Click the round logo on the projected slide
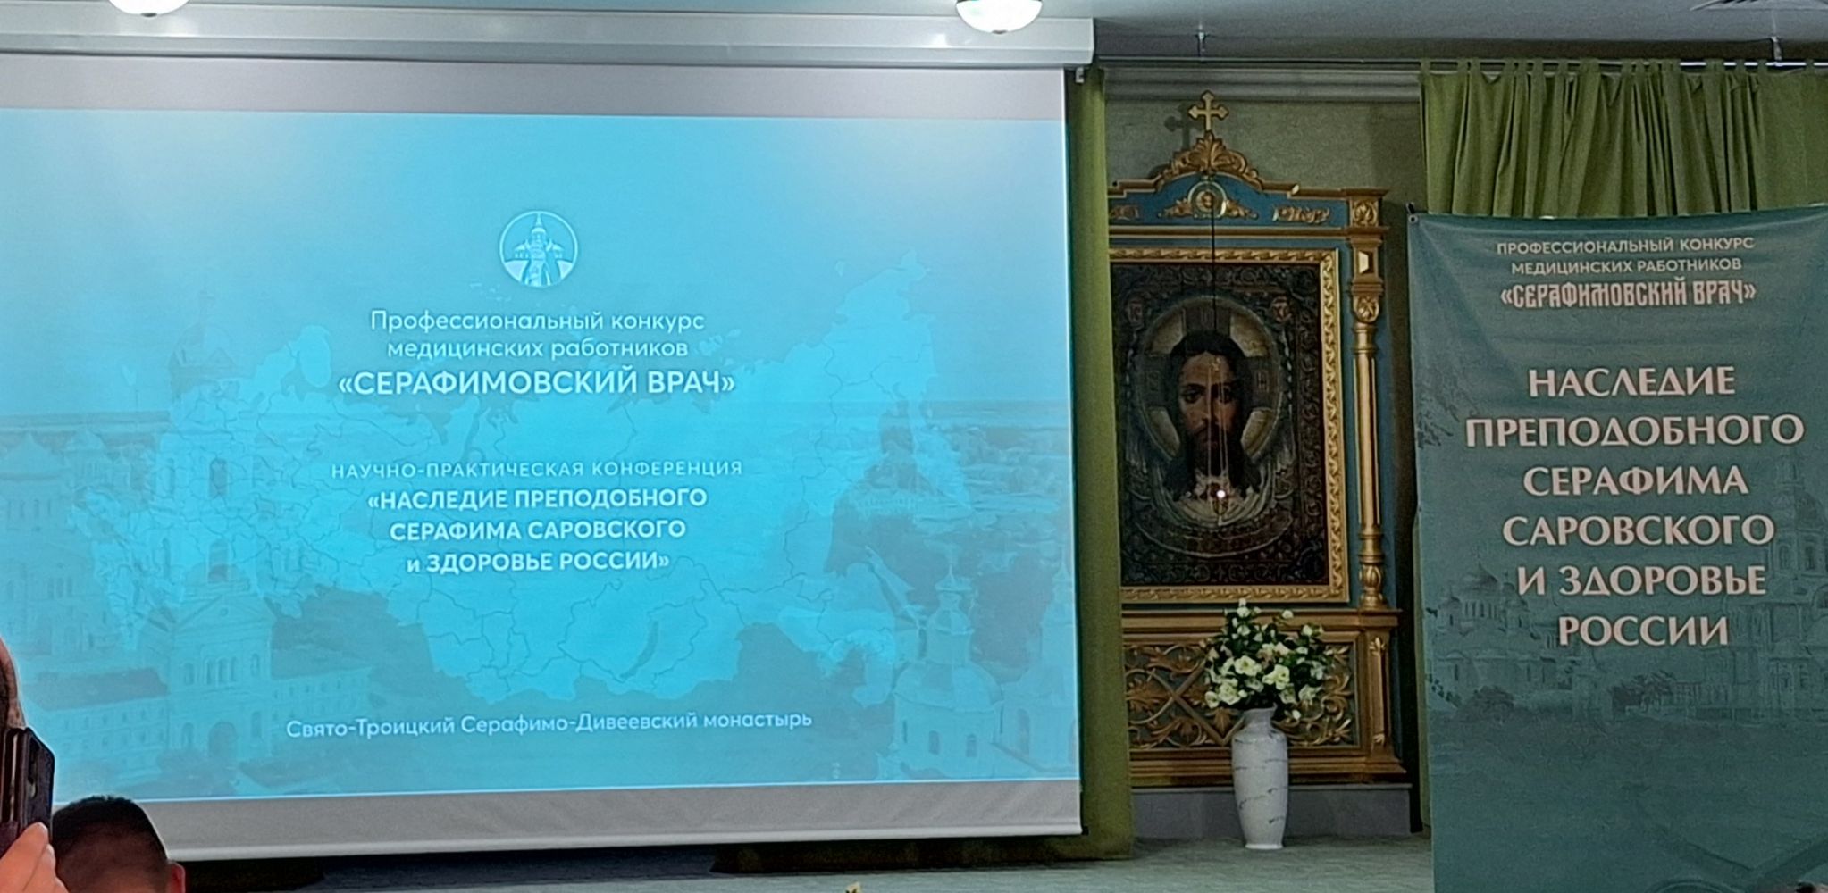coord(538,250)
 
